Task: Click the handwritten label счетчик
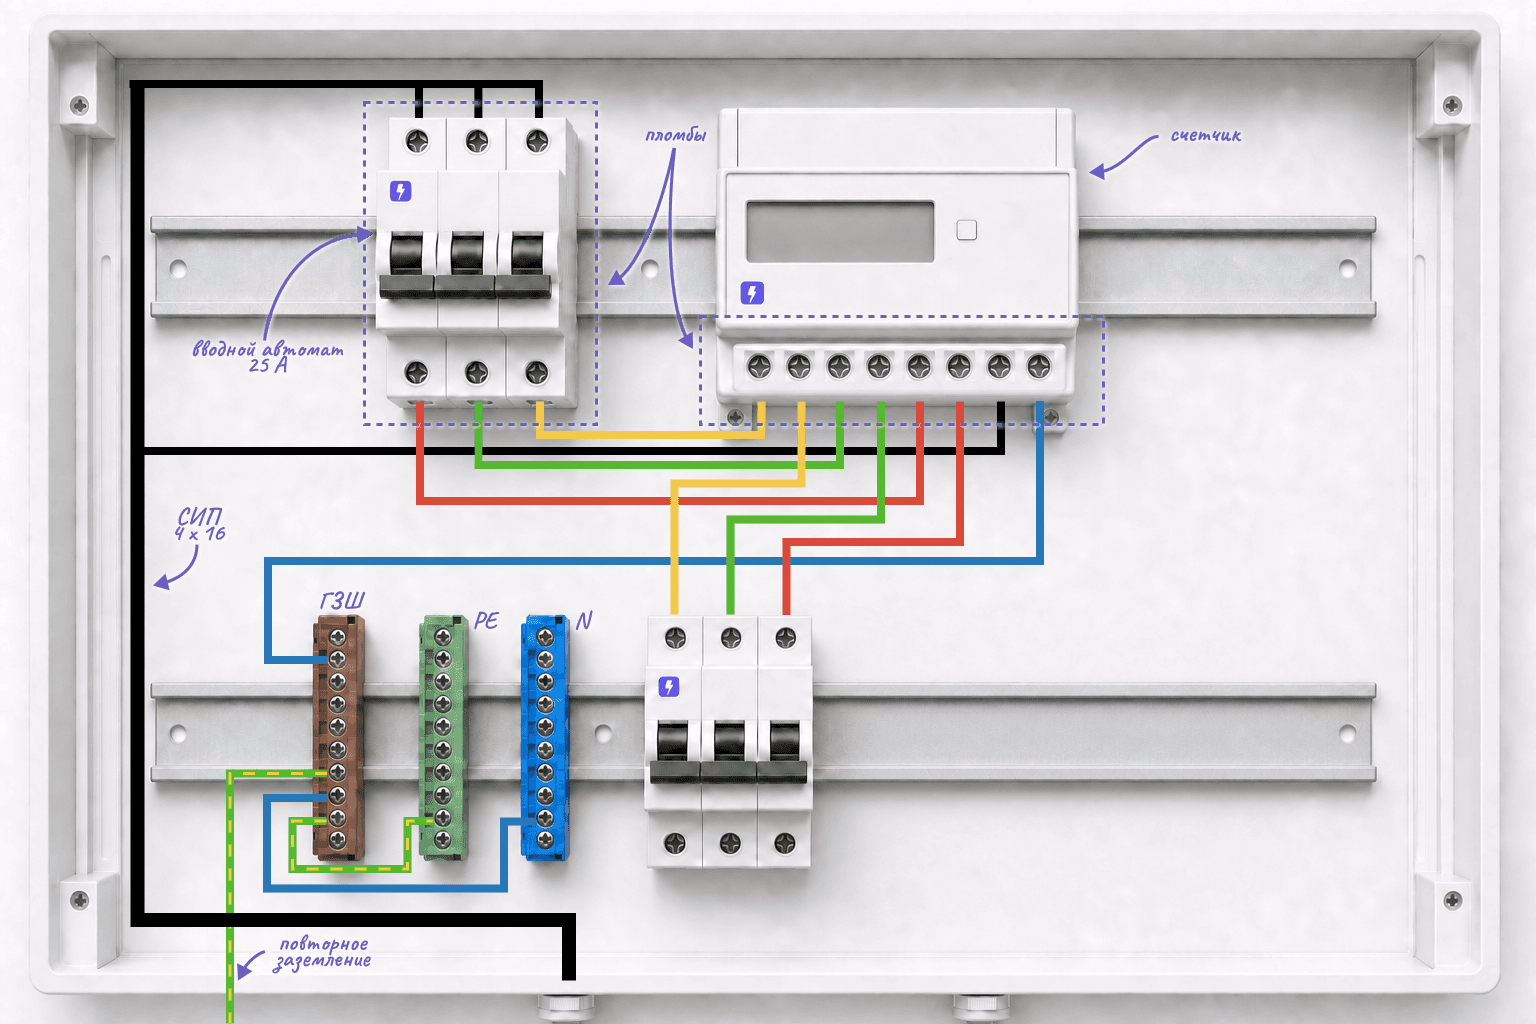tap(1205, 135)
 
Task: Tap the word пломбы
tap(675, 135)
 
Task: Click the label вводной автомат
tap(267, 349)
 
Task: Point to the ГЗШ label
tap(342, 601)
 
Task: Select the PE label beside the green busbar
tap(486, 621)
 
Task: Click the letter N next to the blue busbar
tap(584, 621)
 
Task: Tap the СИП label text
tap(200, 516)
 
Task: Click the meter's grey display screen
tap(840, 231)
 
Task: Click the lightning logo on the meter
tap(752, 293)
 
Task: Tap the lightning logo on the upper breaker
tap(400, 191)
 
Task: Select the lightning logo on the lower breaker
tap(669, 687)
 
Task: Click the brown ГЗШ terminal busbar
tap(338, 737)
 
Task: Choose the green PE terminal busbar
tap(443, 737)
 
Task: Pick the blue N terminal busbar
tap(545, 737)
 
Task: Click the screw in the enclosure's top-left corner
tap(80, 106)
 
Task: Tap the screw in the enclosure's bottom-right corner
tap(1452, 899)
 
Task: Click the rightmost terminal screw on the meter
tap(1039, 366)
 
